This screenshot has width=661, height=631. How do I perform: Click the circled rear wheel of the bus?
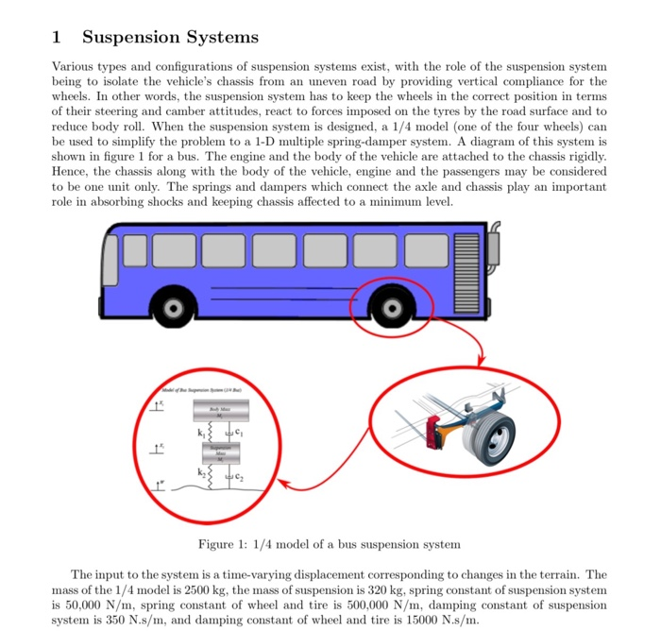click(390, 309)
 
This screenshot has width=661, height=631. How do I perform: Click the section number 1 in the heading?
click(57, 38)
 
